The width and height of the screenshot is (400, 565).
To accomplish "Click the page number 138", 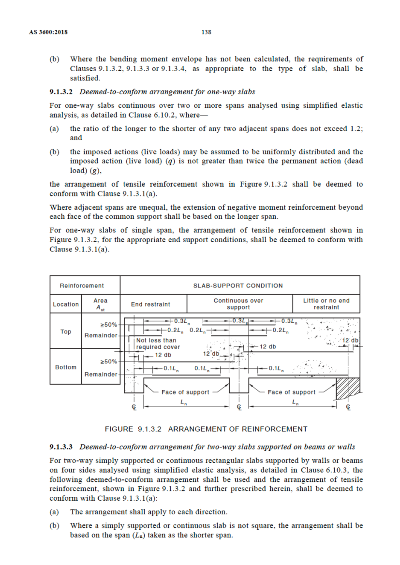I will pos(206,32).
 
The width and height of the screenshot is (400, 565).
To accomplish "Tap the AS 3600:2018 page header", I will pos(48,32).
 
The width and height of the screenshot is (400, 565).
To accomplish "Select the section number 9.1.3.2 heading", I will pos(61,92).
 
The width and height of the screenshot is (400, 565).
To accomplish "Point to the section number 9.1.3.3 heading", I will pos(61,447).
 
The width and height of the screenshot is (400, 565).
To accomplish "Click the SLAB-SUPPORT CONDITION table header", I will pos(238,285).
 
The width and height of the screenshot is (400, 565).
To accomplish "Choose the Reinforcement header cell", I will pos(82,285).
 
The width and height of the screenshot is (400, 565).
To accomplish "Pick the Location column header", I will pos(66,304).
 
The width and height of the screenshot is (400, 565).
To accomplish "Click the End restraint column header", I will pos(150,304).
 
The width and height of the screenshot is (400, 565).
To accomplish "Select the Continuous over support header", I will pos(238,304).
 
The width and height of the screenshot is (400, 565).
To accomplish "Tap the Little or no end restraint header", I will pos(326,304).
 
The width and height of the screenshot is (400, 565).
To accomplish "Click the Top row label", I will pos(66,331).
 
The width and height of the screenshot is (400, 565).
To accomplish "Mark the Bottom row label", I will pos(66,367).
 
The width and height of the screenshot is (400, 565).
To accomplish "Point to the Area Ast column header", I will pos(100,304).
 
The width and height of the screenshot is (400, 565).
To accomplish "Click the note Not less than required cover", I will pos(158,343).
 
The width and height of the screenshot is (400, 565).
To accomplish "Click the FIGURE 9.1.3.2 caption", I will pos(206,429).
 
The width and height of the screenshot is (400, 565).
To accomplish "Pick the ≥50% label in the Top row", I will pos(109,324).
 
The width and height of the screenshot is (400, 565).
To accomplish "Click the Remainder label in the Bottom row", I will pos(101,374).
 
